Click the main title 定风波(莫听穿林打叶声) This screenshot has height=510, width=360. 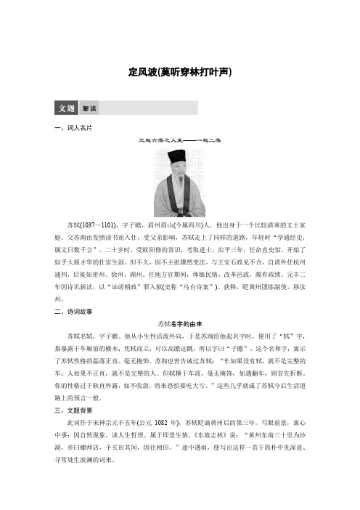(x=179, y=73)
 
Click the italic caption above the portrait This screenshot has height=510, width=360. (x=179, y=139)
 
